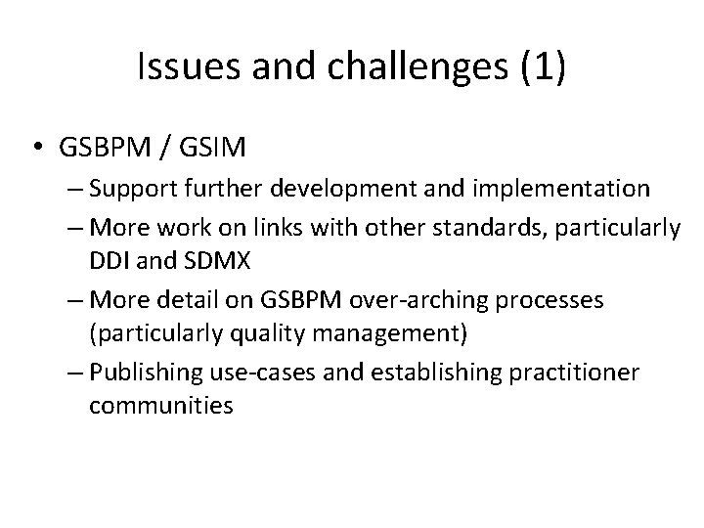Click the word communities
tap(160, 406)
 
